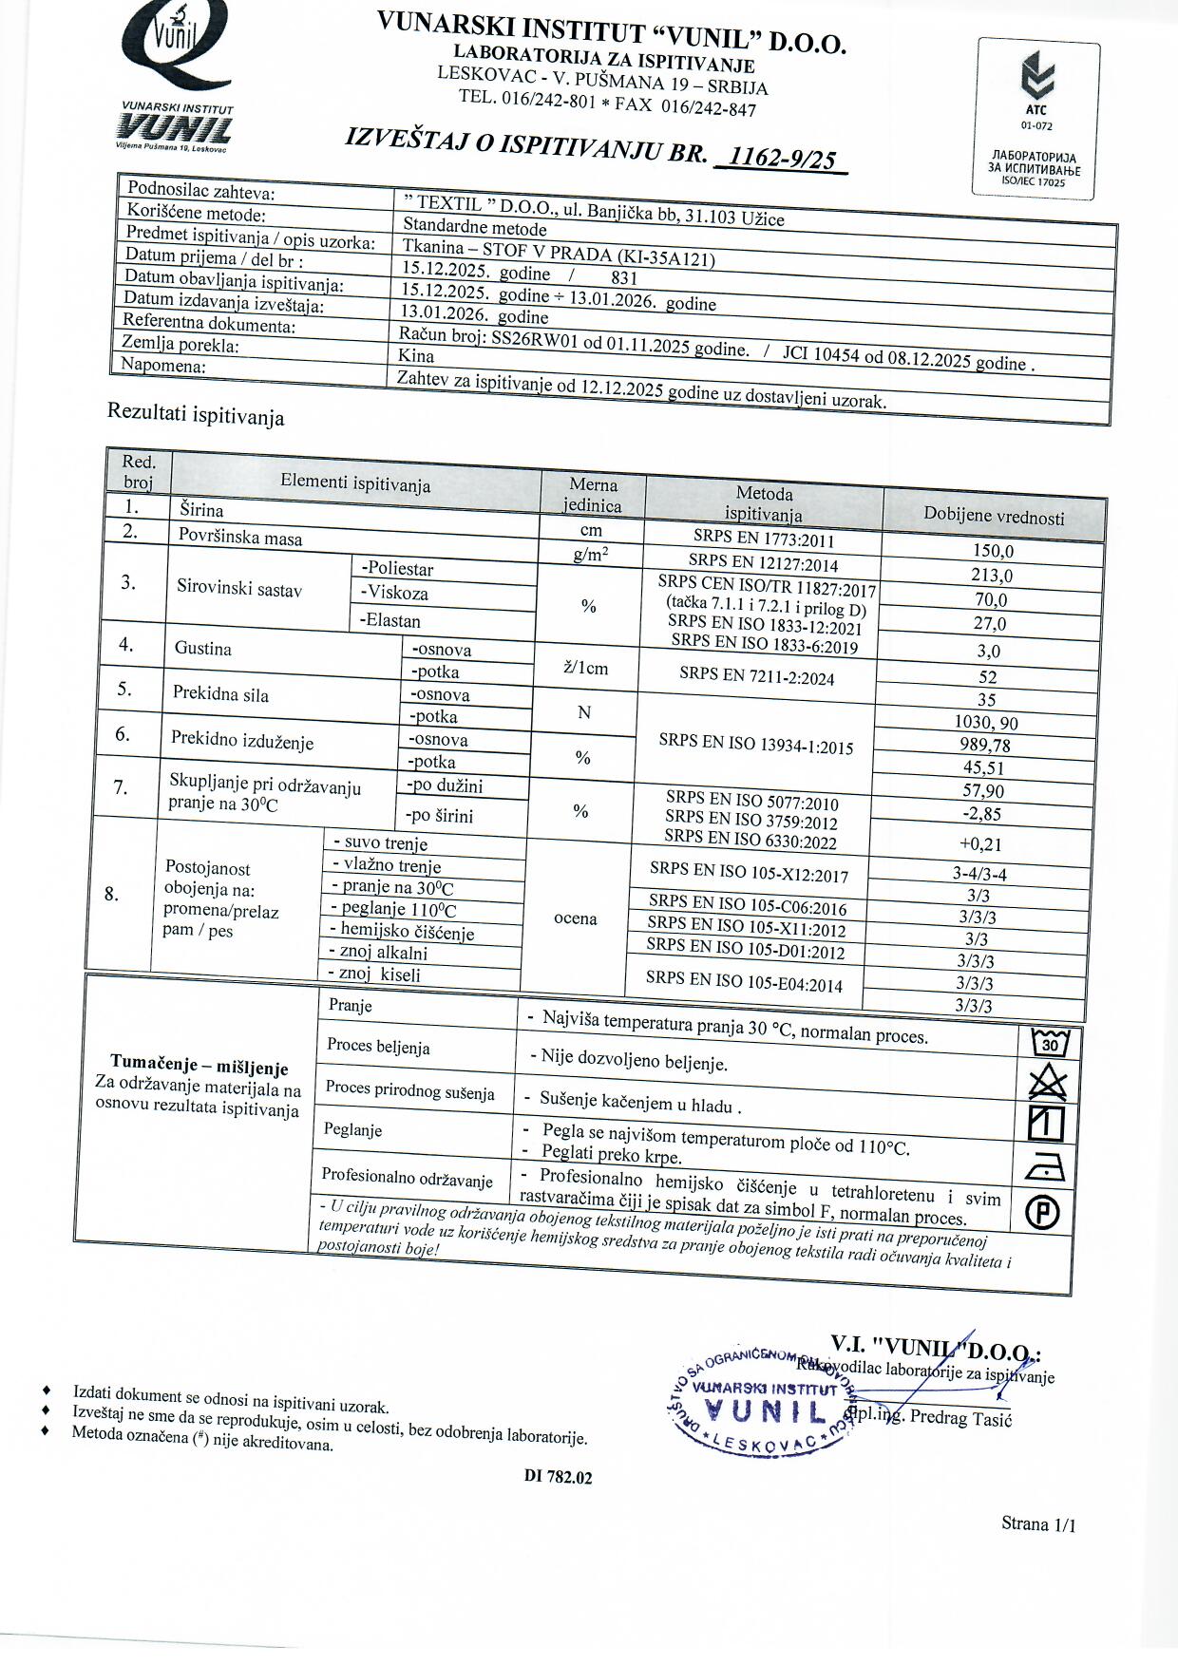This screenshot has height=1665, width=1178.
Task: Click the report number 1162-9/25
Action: point(783,158)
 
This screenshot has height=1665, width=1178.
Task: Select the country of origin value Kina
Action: point(416,356)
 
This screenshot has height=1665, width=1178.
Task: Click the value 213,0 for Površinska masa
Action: point(991,575)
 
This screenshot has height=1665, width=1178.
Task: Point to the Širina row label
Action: point(201,510)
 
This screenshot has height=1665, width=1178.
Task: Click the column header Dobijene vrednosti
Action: point(994,516)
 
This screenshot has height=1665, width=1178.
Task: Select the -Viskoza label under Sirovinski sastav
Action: point(394,593)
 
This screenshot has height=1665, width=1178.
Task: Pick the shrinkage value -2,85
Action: point(981,814)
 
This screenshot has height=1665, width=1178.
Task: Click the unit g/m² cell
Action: point(591,555)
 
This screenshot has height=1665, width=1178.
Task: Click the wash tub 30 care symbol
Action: point(1050,1043)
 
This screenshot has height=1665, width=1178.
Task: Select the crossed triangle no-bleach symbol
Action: point(1048,1083)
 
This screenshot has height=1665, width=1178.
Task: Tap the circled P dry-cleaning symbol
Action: point(1043,1213)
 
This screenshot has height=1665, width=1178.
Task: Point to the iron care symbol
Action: point(1046,1168)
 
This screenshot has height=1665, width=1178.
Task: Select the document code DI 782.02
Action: point(558,1477)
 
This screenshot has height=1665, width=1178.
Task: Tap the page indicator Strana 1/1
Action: point(1038,1524)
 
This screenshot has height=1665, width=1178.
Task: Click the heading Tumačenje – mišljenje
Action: point(199,1067)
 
